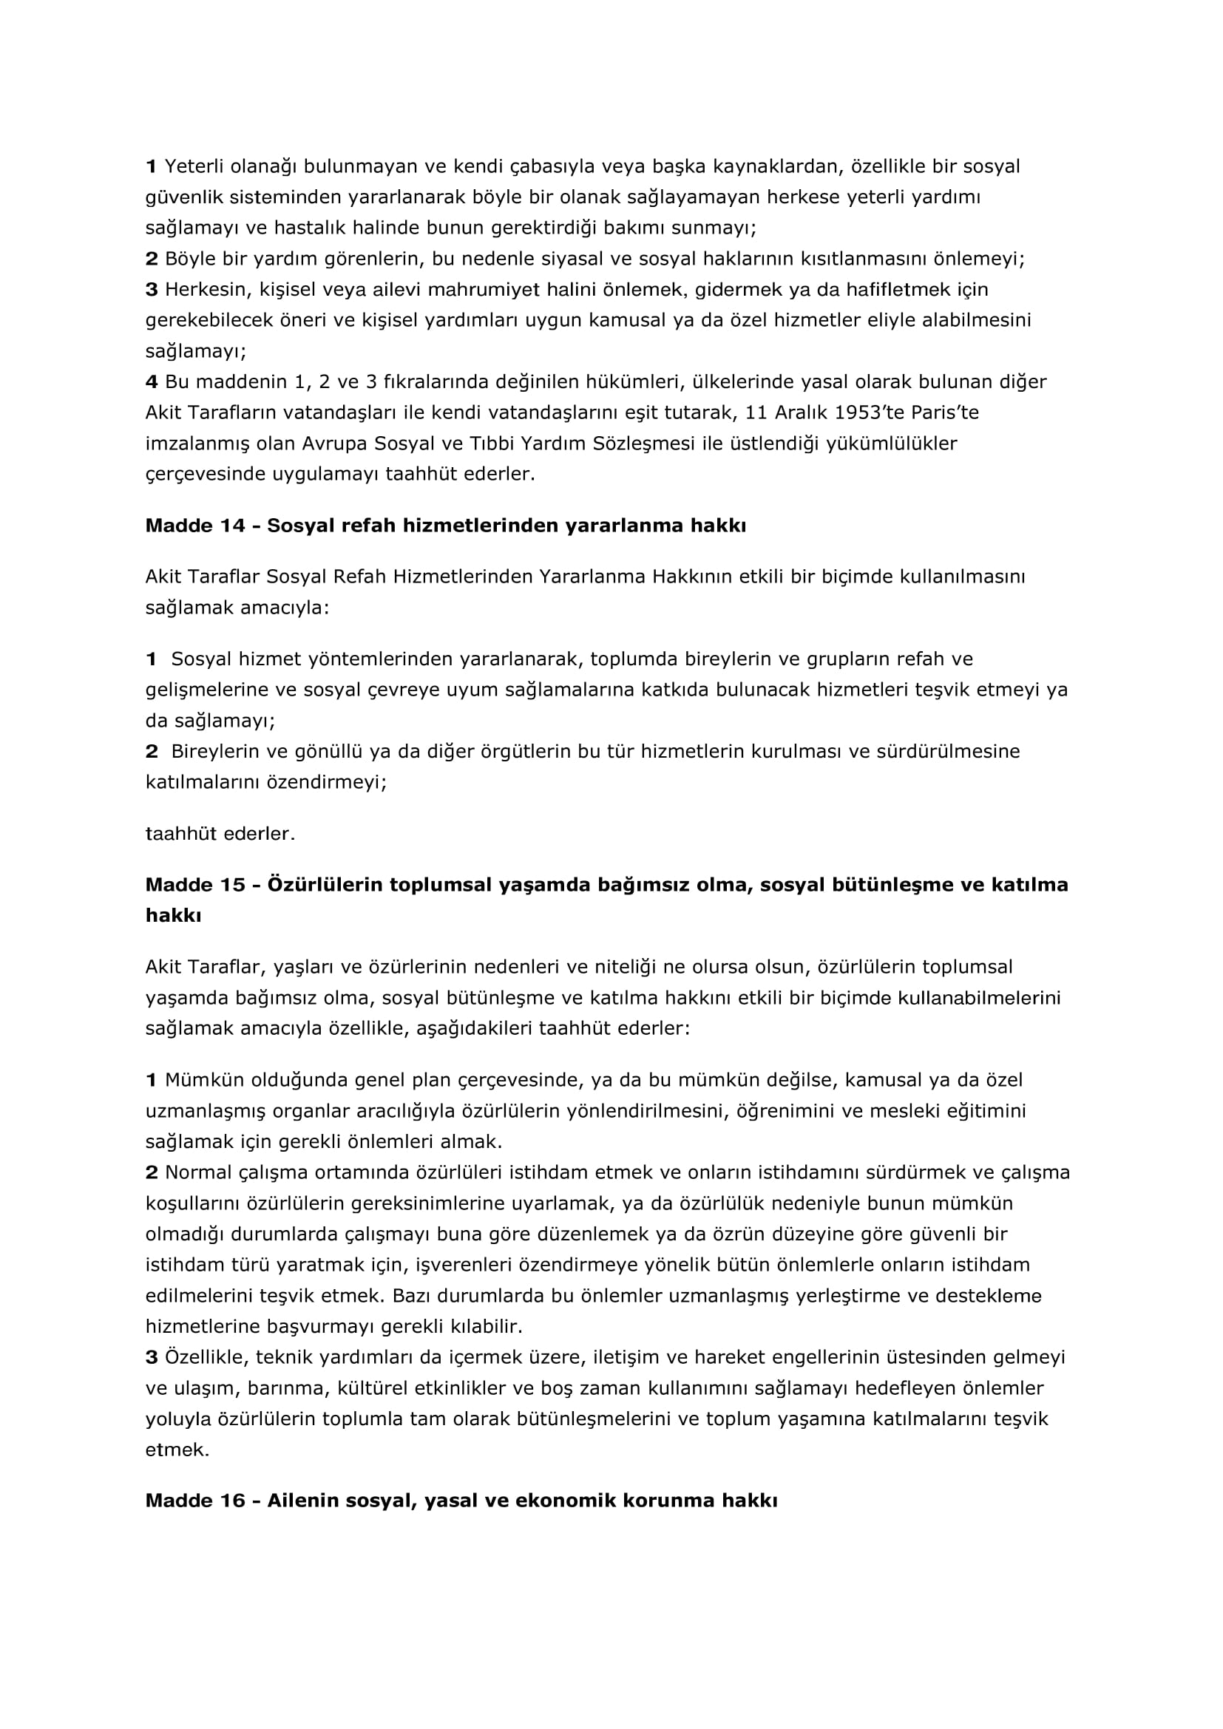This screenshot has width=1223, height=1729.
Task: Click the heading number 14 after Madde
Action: point(233,526)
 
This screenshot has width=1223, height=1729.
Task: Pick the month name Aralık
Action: point(801,412)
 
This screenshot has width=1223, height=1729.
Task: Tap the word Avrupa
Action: point(333,444)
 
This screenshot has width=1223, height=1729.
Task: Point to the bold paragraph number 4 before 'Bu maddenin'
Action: point(152,381)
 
